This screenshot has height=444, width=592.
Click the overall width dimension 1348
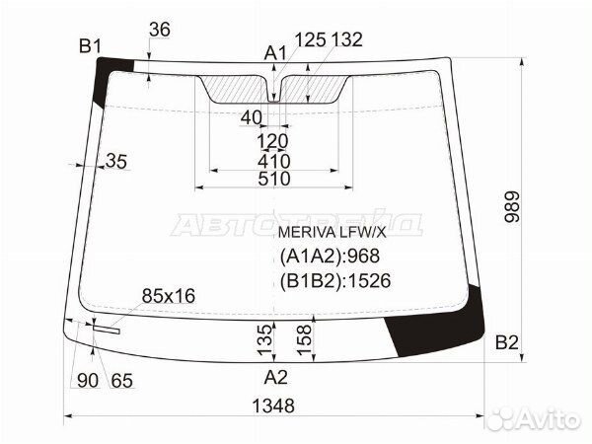pyautogui.click(x=273, y=407)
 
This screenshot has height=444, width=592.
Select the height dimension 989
pyautogui.click(x=512, y=207)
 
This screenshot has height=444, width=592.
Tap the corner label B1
pyautogui.click(x=90, y=46)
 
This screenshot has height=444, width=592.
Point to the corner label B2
pyautogui.click(x=507, y=342)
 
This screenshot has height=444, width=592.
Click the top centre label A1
pyautogui.click(x=275, y=53)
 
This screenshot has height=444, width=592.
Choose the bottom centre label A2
pyautogui.click(x=276, y=377)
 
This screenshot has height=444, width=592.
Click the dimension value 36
pyautogui.click(x=160, y=30)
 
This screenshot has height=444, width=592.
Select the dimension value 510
pyautogui.click(x=274, y=179)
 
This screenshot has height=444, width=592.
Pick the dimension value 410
pyautogui.click(x=274, y=161)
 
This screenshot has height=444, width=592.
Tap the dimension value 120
pyautogui.click(x=272, y=141)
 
